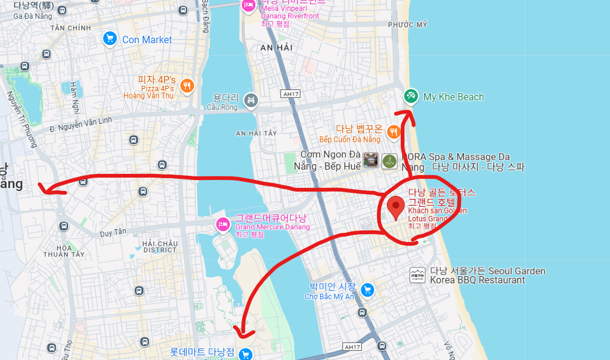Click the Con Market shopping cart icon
pyautogui.click(x=109, y=40)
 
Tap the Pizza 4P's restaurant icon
pyautogui.click(x=187, y=86)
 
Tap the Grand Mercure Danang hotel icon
pyautogui.click(x=222, y=225)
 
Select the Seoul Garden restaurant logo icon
pyautogui.click(x=417, y=275)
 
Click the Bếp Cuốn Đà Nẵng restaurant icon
pyautogui.click(x=393, y=131)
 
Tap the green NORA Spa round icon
pyautogui.click(x=389, y=161)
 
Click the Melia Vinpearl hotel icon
pyautogui.click(x=248, y=5)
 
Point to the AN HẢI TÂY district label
pyautogui.click(x=256, y=133)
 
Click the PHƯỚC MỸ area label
pyautogui.click(x=407, y=24)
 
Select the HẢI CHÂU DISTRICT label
pyautogui.click(x=159, y=246)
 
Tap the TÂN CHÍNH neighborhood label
pyautogui.click(x=71, y=28)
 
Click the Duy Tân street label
pyautogui.click(x=113, y=233)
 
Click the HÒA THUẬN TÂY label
pyautogui.click(x=64, y=251)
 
